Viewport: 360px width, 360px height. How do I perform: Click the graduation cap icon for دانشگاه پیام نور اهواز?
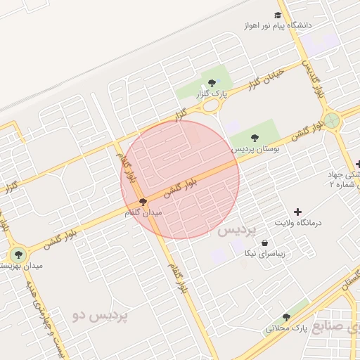click(x=278, y=15)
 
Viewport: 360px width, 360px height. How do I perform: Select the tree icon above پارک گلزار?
click(x=212, y=82)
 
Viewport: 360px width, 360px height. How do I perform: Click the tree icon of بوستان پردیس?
click(x=255, y=138)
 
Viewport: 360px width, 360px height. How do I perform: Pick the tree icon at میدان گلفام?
click(x=143, y=202)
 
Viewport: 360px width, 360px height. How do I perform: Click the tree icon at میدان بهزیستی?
click(x=18, y=254)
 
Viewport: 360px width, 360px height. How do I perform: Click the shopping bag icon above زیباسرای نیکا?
click(x=264, y=243)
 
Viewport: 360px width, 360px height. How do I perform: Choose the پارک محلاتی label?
click(x=287, y=328)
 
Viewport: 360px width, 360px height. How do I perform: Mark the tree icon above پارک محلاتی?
click(x=285, y=317)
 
